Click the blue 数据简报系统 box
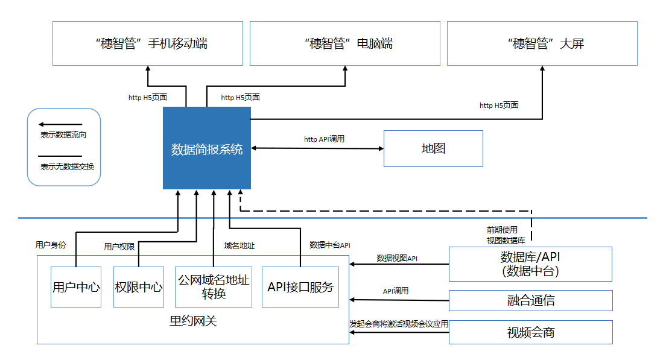tap(207, 148)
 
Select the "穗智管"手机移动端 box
tap(147, 43)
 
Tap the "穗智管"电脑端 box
tap(345, 43)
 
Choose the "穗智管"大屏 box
tap(542, 43)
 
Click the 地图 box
tap(433, 148)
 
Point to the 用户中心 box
tap(76, 287)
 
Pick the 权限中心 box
tap(139, 287)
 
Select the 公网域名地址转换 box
tap(214, 287)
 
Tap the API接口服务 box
tap(300, 287)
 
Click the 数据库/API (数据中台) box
tap(530, 264)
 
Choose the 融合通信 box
tap(530, 300)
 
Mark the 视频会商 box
tap(530, 332)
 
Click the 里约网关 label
tap(193, 321)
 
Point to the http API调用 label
tap(324, 139)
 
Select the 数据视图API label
tap(397, 258)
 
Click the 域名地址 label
tap(239, 245)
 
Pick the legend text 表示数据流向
tap(63, 135)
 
